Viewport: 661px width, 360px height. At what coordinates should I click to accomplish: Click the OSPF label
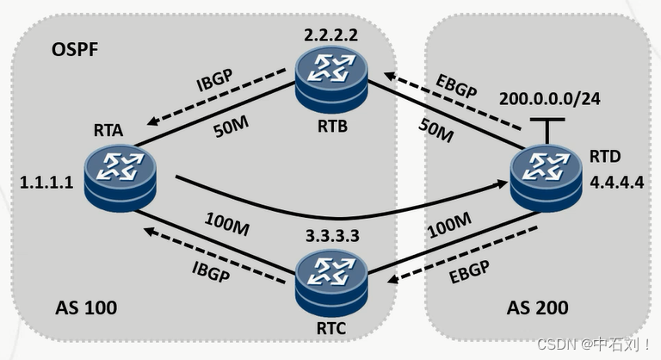[75, 48]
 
